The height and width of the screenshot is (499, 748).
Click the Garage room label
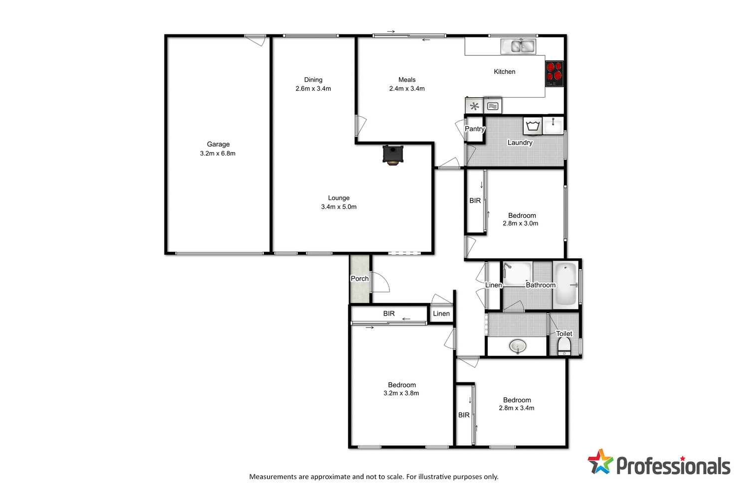pyautogui.click(x=218, y=144)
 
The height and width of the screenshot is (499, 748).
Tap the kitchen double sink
pyautogui.click(x=518, y=46)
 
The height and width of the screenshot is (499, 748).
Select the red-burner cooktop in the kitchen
pyautogui.click(x=554, y=73)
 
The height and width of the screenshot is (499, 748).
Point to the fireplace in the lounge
pyautogui.click(x=392, y=155)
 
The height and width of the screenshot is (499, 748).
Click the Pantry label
pyautogui.click(x=474, y=129)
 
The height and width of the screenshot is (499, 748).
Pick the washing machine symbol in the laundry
pyautogui.click(x=533, y=126)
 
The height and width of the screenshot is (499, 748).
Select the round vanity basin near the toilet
pyautogui.click(x=518, y=346)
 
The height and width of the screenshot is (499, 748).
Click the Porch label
pyautogui.click(x=360, y=279)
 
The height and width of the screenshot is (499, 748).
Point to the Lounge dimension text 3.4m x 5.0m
pyautogui.click(x=339, y=207)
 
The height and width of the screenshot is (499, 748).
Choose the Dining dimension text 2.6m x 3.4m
pyautogui.click(x=313, y=89)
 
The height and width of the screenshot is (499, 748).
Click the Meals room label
pyautogui.click(x=407, y=80)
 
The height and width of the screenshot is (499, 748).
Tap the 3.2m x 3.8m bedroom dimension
pyautogui.click(x=401, y=393)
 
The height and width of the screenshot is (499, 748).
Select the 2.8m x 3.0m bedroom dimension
pyautogui.click(x=520, y=223)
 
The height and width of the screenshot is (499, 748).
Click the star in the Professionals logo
pyautogui.click(x=600, y=462)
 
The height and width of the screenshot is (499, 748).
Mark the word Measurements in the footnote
pyautogui.click(x=273, y=477)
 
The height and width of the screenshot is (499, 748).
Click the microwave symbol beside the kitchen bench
pyautogui.click(x=493, y=106)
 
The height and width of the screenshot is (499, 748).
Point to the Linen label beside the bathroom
pyautogui.click(x=493, y=285)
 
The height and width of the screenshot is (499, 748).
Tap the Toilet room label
pyautogui.click(x=564, y=333)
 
